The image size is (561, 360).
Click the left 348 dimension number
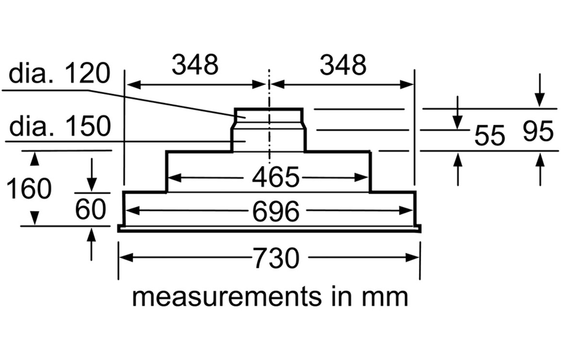click(195, 65)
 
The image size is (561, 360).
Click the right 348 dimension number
click(343, 65)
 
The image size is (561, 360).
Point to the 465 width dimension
click(275, 178)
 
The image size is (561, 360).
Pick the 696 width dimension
click(275, 212)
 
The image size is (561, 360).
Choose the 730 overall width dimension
click(276, 258)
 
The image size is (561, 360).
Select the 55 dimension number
click(490, 135)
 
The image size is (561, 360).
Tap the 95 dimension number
click(538, 131)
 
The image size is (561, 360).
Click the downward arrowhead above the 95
click(540, 100)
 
